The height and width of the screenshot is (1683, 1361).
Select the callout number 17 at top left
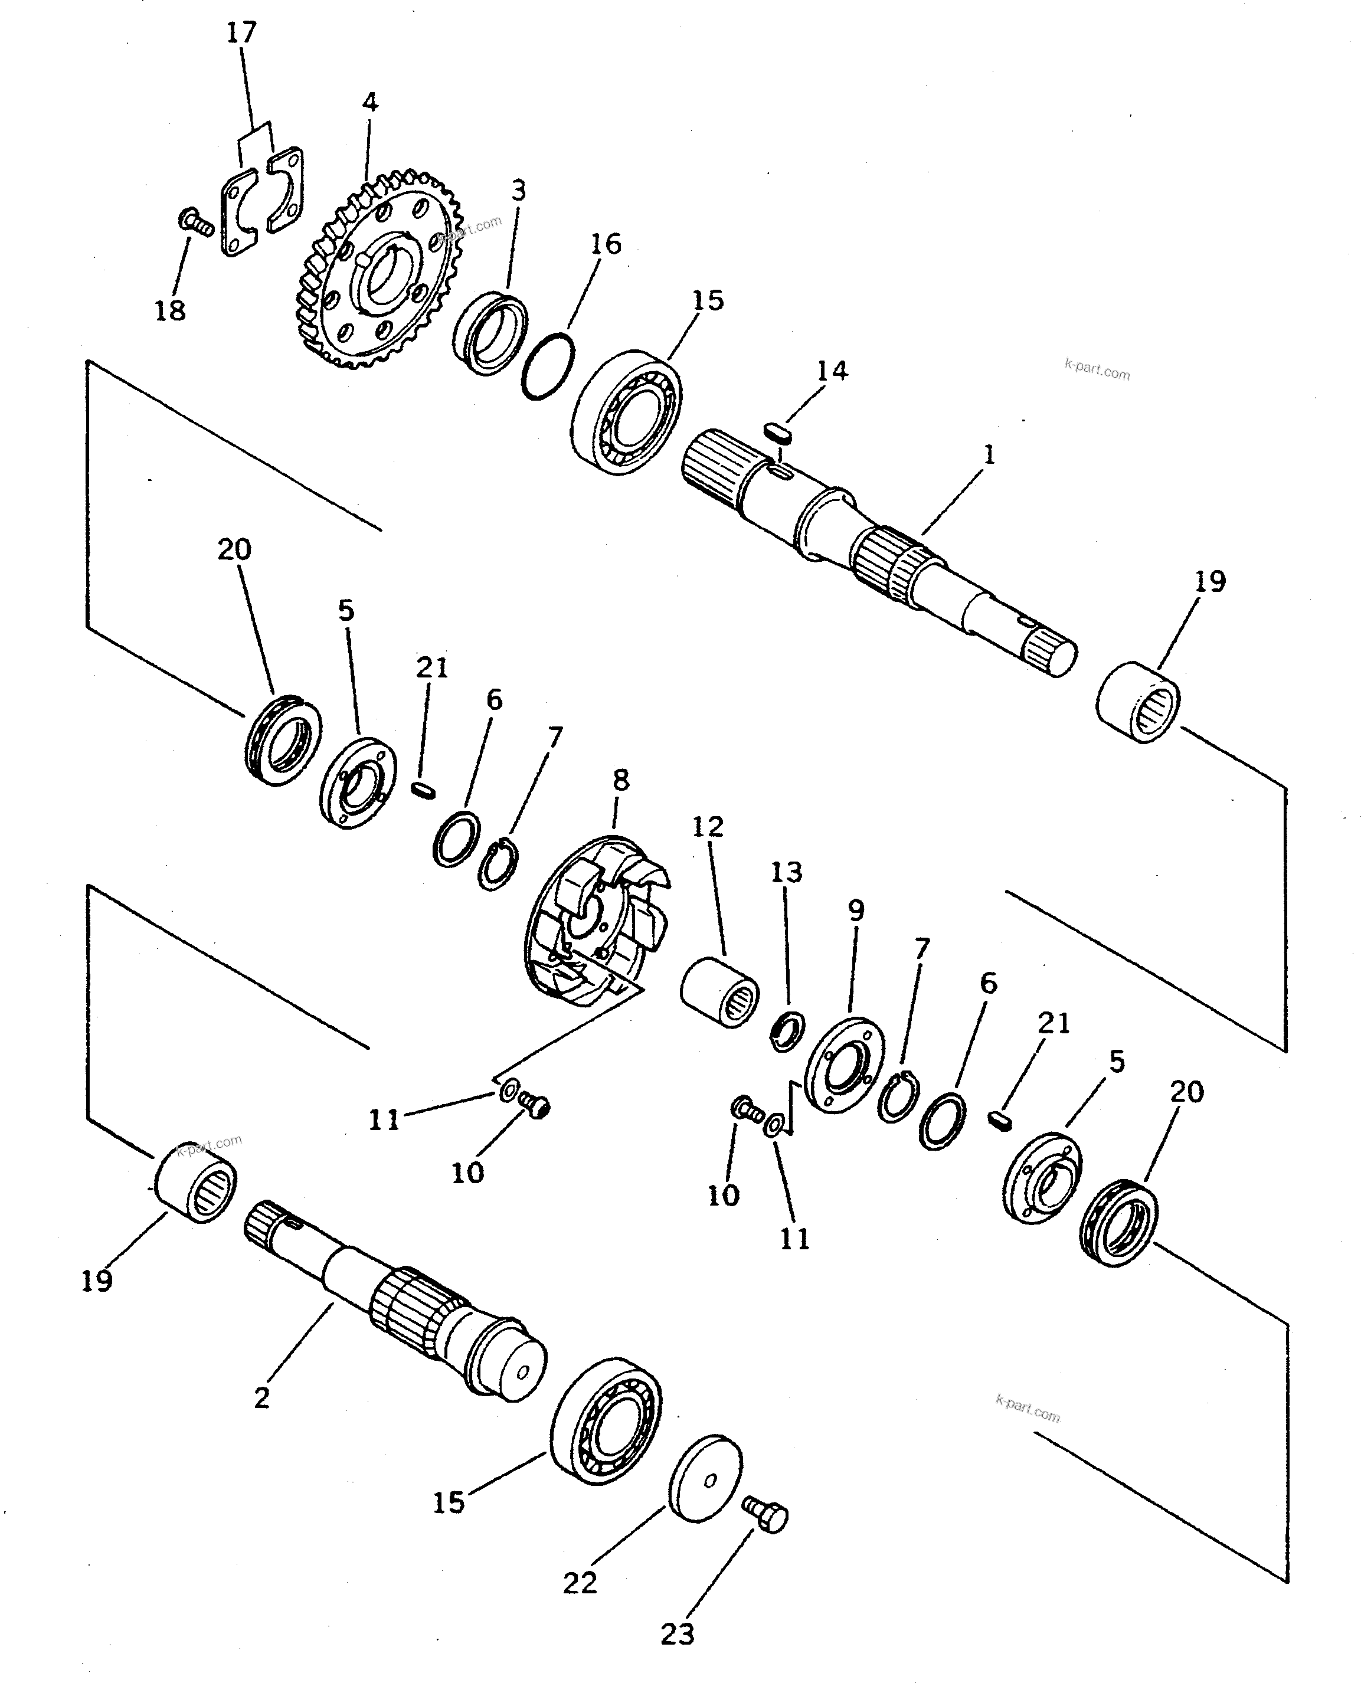click(241, 33)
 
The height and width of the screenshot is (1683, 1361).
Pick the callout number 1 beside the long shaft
click(989, 454)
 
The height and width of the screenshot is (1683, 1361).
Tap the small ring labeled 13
click(787, 1031)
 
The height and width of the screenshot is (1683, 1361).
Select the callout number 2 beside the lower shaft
click(262, 1397)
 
